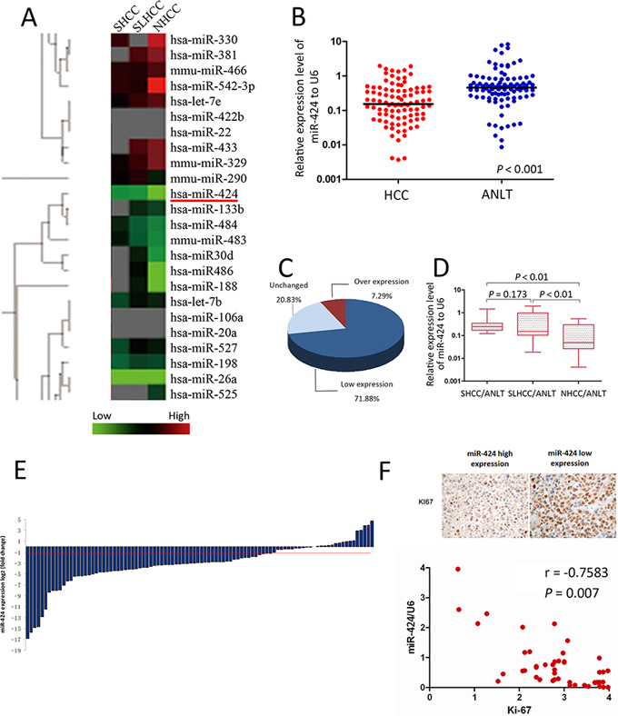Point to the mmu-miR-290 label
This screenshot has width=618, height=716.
pos(206,175)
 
